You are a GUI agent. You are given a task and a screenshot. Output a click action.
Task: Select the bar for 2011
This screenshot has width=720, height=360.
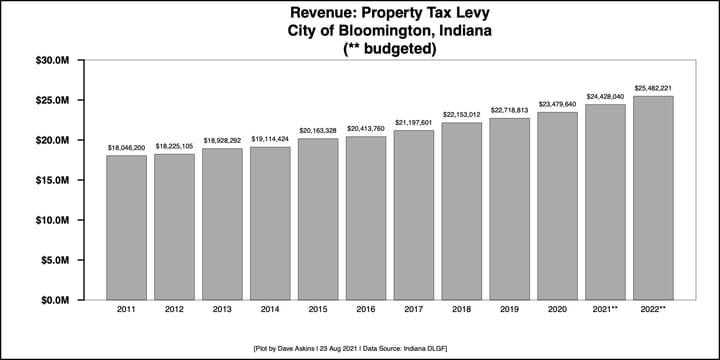pos(126,228)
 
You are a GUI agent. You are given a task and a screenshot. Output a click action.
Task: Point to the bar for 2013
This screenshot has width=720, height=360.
pos(222,224)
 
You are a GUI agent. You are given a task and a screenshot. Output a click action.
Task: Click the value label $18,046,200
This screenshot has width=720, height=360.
pos(126,147)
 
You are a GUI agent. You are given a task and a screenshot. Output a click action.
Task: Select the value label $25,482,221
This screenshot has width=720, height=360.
pos(653,88)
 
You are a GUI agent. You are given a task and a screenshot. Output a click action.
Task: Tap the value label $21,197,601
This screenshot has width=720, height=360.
pos(413,122)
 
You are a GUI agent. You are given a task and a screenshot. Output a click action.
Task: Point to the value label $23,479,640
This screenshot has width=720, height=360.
pos(557,104)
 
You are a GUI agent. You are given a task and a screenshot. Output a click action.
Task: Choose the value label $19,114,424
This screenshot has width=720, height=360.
pos(270,139)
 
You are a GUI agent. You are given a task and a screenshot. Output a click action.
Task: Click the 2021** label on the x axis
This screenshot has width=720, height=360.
pos(605,311)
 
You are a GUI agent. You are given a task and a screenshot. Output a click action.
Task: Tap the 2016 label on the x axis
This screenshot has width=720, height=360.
pos(365,311)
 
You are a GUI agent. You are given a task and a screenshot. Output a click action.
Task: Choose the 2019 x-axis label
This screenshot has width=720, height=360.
pos(509,311)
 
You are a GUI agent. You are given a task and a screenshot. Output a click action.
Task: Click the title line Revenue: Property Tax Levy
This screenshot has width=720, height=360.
pos(362,14)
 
